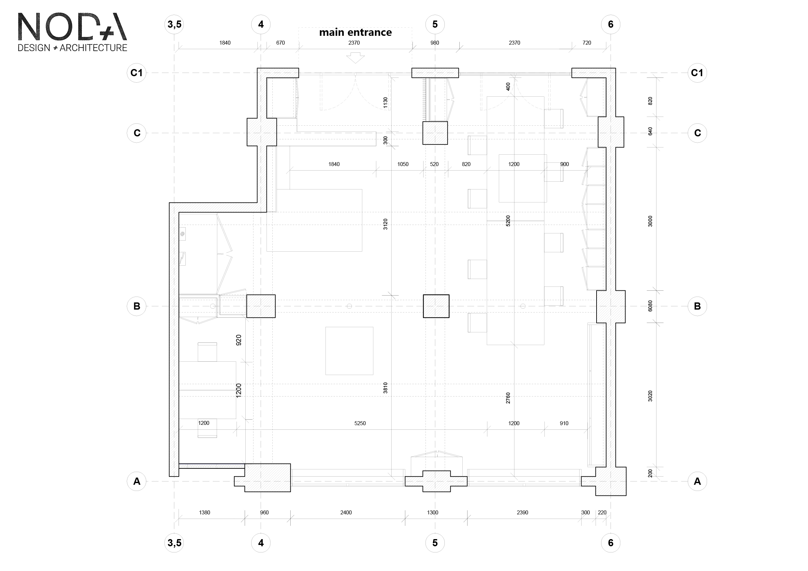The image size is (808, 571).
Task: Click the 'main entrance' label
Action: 355,32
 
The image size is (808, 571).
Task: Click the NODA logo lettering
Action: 72,27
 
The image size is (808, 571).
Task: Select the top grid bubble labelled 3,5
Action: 175,24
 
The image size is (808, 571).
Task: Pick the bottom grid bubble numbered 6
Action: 611,543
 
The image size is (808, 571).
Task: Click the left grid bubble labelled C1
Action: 137,73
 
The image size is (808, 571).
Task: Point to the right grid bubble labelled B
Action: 697,306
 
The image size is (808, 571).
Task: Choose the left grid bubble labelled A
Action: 137,481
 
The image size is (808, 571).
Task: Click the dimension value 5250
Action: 360,423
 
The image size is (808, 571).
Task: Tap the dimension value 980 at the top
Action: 435,43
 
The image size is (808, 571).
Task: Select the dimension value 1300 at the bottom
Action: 432,513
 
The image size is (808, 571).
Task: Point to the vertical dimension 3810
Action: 385,388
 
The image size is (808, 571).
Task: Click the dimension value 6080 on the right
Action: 650,306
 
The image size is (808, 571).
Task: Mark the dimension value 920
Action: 238,340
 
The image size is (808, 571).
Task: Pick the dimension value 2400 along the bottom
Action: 346,513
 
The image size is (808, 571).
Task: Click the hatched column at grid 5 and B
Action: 436,306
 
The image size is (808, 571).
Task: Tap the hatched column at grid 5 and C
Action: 435,133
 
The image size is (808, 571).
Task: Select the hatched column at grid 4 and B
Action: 261,306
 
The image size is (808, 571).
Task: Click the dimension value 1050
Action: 403,164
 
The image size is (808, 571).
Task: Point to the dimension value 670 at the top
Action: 281,43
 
